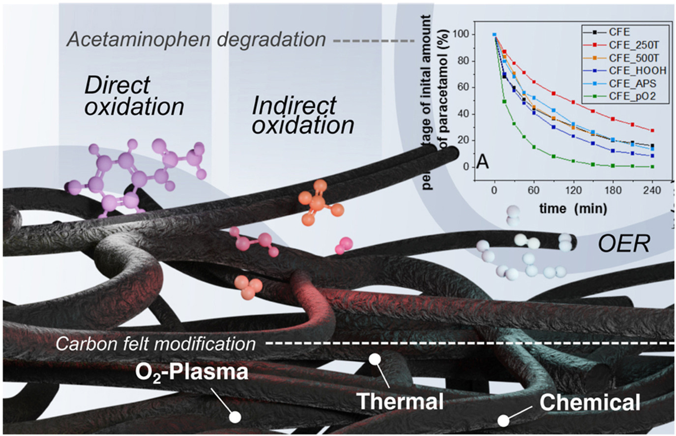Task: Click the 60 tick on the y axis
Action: coord(463,88)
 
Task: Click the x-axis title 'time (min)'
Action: coord(573,208)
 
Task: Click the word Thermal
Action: coord(400,401)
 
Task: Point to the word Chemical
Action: coord(590,402)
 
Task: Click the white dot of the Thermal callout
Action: coord(375,360)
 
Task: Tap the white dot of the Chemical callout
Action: coord(503,421)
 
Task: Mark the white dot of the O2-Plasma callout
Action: coord(235,417)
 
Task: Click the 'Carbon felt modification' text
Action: coord(155,343)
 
